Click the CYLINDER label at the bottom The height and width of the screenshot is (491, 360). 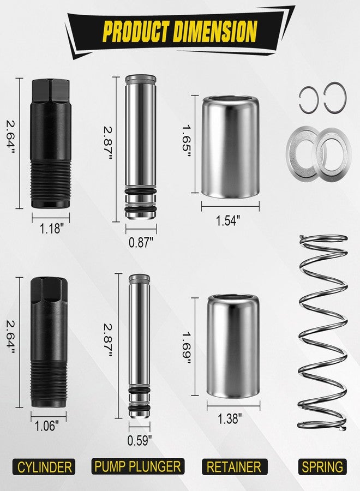click(x=44, y=467)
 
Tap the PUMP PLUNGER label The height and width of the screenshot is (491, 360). click(x=138, y=466)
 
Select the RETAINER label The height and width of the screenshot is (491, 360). click(x=234, y=467)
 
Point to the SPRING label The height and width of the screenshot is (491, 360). click(x=322, y=467)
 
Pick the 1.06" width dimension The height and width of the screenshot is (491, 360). click(x=47, y=426)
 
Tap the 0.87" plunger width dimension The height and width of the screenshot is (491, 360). click(x=141, y=242)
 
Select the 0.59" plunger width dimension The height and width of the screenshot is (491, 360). click(x=139, y=441)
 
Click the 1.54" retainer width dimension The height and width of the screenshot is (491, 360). click(x=228, y=220)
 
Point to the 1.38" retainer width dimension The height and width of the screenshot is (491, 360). click(x=230, y=418)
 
